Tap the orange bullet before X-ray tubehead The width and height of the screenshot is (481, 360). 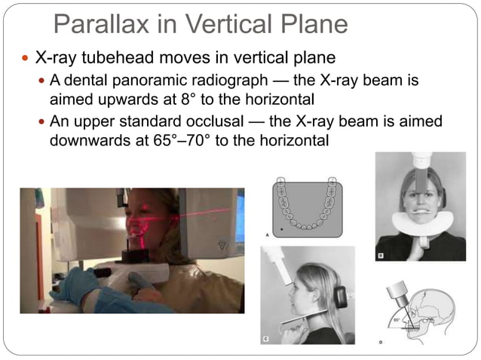pyautogui.click(x=27, y=58)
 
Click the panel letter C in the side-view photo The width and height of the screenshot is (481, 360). pyautogui.click(x=266, y=339)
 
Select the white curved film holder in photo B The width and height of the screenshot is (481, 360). pyautogui.click(x=421, y=225)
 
